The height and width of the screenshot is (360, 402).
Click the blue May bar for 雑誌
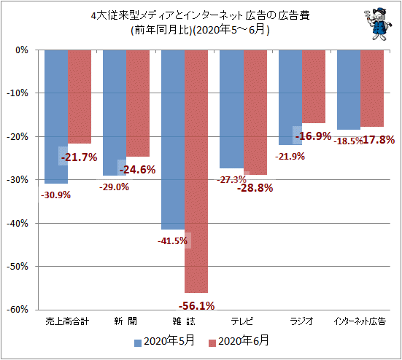173,139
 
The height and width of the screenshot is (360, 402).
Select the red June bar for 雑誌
196,171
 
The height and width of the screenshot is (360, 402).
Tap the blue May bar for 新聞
115,113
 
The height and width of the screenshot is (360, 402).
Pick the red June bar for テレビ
255,112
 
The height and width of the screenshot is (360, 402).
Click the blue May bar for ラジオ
290,98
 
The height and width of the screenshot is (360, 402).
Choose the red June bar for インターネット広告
372,88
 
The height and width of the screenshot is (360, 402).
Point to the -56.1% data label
197,306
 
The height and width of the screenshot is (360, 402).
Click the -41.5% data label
172,241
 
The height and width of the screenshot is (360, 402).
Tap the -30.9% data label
55,195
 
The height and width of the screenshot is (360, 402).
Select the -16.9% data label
313,136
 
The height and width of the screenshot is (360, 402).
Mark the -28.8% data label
255,188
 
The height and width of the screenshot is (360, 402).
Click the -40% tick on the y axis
18,224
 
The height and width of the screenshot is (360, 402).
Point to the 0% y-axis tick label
22,50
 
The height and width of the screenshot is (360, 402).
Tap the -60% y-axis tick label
18,310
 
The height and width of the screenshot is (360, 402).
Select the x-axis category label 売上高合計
67,321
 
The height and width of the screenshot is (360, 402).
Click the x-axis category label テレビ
242,321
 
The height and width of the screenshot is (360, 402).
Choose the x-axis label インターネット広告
360,321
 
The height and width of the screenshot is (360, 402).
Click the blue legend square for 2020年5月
138,343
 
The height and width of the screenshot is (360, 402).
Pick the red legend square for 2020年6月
212,343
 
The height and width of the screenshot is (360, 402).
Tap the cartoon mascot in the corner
378,24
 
